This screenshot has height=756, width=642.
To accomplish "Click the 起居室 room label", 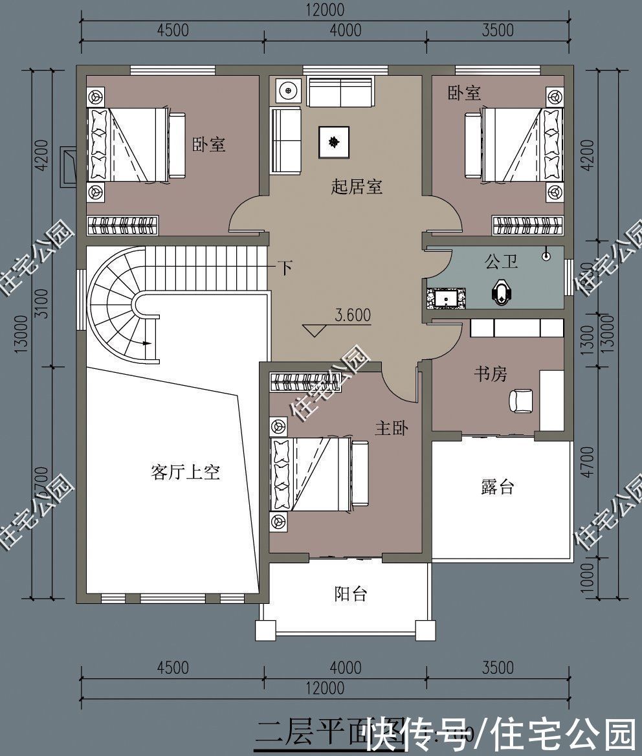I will [357, 188].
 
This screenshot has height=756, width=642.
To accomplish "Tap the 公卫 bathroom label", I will [500, 262].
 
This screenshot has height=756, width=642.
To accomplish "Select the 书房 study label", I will [491, 373].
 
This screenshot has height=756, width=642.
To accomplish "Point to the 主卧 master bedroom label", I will [392, 428].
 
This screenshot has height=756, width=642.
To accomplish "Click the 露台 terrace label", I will [497, 487].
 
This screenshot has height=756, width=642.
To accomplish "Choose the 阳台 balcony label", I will [351, 593].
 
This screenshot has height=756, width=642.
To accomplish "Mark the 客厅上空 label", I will [185, 472].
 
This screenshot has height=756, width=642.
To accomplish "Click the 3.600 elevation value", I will [353, 315].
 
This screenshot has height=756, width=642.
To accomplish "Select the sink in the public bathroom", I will [446, 298].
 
